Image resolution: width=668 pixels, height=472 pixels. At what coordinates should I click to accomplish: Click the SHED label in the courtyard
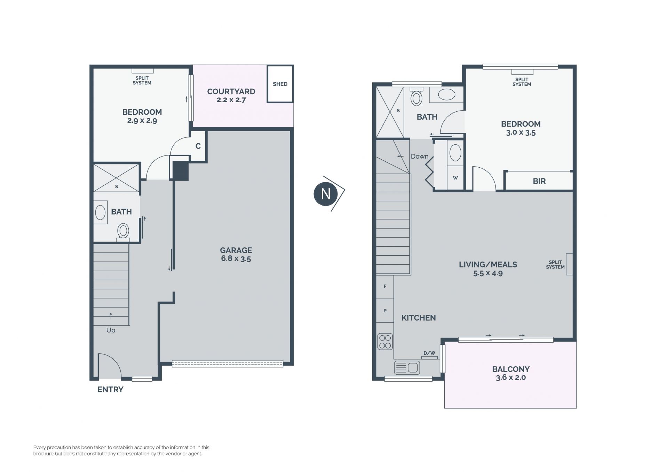click(x=280, y=84)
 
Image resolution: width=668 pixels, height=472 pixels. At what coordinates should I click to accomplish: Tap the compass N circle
click(x=326, y=194)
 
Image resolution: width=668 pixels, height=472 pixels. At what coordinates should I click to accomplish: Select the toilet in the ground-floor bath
click(x=123, y=232)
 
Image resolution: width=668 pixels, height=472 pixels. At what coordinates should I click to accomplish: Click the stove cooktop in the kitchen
click(x=385, y=341)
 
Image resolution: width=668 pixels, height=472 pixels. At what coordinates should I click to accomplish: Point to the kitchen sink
click(x=407, y=367)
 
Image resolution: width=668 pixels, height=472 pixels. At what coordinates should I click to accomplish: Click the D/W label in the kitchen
click(x=429, y=353)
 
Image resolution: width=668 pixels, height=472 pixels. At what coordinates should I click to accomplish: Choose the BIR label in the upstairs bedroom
click(x=539, y=181)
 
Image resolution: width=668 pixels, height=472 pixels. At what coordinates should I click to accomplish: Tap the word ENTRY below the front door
click(x=110, y=390)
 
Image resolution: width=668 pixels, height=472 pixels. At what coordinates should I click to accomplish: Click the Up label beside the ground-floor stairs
click(x=111, y=330)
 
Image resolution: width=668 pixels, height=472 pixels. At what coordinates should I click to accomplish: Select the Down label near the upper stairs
click(x=420, y=157)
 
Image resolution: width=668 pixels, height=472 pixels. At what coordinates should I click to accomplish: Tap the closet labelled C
click(x=198, y=146)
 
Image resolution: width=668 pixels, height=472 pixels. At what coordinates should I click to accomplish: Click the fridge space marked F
click(x=385, y=287)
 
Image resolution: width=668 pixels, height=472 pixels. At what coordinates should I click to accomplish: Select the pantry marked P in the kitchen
click(x=385, y=311)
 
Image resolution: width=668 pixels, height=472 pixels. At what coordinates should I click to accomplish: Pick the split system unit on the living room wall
click(x=569, y=264)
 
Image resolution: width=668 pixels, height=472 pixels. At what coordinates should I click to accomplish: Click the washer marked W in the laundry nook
click(x=455, y=178)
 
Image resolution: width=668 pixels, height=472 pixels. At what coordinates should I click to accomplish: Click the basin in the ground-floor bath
click(x=100, y=213)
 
